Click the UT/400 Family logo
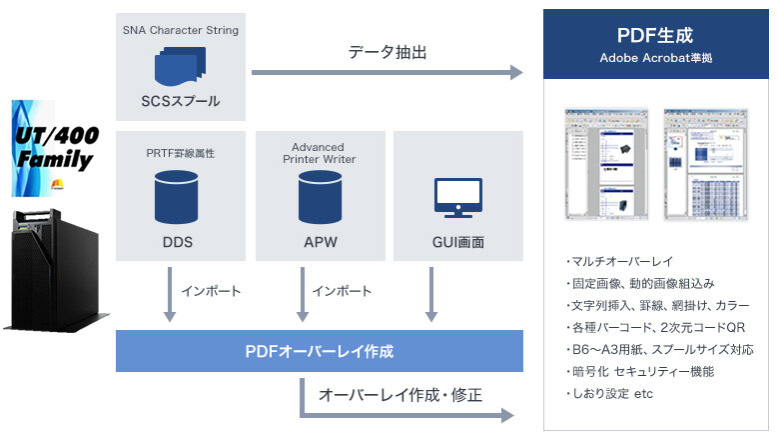[54, 147]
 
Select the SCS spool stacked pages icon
[180, 65]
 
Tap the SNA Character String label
[181, 30]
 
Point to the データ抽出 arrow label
[388, 52]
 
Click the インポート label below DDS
[211, 291]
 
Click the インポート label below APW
[342, 291]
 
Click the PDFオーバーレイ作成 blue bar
[320, 351]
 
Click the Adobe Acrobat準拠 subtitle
[655, 58]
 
